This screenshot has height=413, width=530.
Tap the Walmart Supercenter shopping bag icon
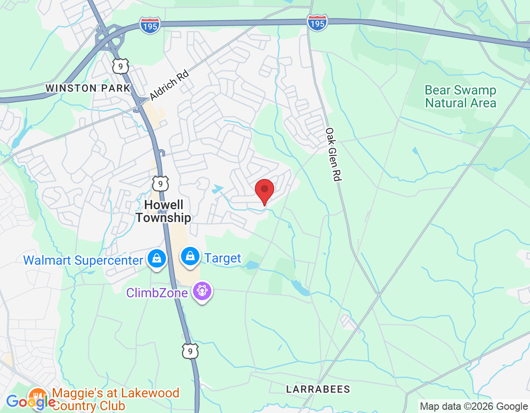point(157,258)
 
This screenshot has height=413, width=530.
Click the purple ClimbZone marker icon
point(202,291)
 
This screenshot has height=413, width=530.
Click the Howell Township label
point(163,211)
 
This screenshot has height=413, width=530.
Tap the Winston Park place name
point(88,88)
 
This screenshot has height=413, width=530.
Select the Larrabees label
point(318,389)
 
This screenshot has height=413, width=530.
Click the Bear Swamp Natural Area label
point(460,96)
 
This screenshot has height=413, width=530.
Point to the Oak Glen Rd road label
point(334,154)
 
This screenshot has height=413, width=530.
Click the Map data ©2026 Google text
point(474,406)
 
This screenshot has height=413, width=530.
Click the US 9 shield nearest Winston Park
point(120,66)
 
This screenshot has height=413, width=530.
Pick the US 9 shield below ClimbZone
point(190,351)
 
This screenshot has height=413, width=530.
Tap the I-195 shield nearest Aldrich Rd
point(150,25)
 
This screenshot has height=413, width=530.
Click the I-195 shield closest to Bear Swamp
point(318,23)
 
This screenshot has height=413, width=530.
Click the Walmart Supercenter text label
point(83,260)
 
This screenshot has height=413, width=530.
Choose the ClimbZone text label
point(157,292)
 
